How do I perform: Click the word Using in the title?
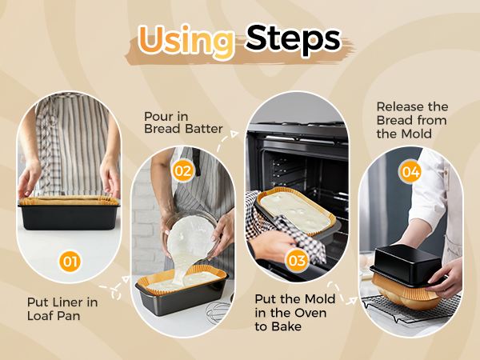[186, 42]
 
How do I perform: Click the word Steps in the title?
[294, 40]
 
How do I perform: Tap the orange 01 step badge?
[70, 262]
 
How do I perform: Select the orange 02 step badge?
[183, 171]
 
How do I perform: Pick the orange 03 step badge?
[296, 261]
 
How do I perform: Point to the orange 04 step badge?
[410, 172]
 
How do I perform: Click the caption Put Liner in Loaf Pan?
[62, 309]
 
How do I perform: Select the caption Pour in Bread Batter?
[183, 122]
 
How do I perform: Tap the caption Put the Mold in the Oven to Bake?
[294, 313]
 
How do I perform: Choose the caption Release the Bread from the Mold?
[412, 120]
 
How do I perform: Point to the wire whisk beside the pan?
[218, 310]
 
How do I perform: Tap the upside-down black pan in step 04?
[407, 264]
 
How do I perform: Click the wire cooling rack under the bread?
[410, 308]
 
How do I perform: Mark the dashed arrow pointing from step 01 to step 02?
[114, 288]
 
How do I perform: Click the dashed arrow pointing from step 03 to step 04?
[342, 294]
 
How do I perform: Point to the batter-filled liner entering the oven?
[296, 211]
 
